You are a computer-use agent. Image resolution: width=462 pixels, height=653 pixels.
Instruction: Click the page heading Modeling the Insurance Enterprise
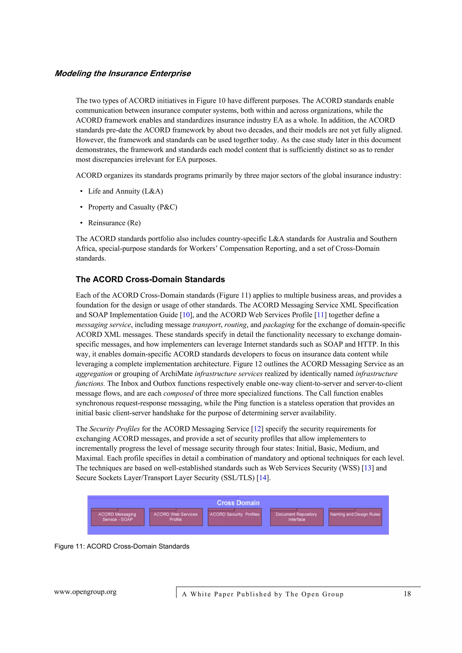pos(122,73)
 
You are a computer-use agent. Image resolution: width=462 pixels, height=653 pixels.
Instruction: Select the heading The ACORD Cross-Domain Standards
pos(150,279)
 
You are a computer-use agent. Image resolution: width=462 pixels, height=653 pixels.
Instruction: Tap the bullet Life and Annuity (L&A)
pos(125,191)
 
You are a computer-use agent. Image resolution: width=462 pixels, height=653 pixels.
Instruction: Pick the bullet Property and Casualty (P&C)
pos(132,207)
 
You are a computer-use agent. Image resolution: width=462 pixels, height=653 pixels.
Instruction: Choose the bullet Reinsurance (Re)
pos(114,223)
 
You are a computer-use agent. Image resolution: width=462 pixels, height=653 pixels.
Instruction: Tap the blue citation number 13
pos(367,468)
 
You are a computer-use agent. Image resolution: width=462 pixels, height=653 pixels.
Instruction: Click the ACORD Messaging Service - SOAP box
pos(118,517)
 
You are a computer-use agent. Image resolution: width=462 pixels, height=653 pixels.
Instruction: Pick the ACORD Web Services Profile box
pos(176,517)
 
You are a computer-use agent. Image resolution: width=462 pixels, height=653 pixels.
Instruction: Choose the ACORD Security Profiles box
pos(235,517)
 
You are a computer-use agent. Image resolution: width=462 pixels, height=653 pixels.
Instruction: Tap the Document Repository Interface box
pos(296,517)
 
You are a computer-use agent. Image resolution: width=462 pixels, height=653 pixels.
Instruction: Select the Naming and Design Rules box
pos(355,517)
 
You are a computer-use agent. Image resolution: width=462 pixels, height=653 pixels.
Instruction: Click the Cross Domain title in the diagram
pos(238,503)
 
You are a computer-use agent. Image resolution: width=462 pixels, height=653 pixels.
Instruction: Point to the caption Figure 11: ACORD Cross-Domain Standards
pos(122,546)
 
